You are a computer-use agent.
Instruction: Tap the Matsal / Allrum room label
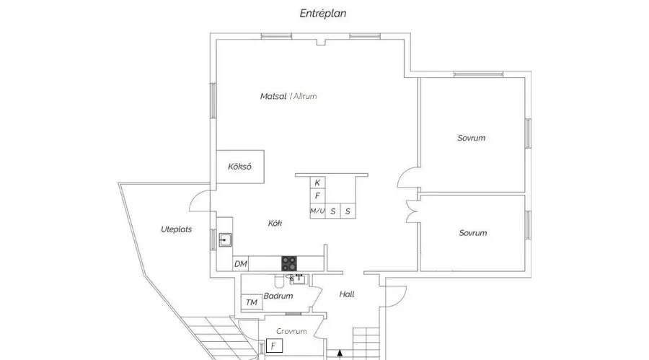tap(288, 96)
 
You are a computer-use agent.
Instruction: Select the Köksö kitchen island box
tap(240, 167)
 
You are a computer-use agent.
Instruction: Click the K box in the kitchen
tap(317, 183)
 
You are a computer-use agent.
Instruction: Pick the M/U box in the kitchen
tap(317, 211)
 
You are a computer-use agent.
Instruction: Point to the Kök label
tap(275, 224)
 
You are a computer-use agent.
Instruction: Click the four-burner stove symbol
tap(289, 263)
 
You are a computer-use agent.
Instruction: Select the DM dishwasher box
tap(241, 264)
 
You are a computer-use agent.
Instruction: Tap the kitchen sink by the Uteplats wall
tap(225, 240)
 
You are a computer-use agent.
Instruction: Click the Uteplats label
tap(176, 229)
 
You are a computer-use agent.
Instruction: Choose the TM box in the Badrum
tap(252, 302)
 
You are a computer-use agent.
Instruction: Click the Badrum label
tap(278, 296)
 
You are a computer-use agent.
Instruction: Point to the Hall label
tap(347, 294)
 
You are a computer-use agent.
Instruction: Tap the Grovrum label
tap(291, 331)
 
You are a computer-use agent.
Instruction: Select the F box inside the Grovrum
tap(273, 346)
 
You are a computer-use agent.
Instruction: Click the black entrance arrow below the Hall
tap(340, 354)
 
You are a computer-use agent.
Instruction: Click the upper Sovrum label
tap(472, 138)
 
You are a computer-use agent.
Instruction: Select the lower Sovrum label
tap(472, 233)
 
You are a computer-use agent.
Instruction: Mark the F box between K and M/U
tap(317, 196)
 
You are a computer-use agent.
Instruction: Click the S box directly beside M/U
tap(333, 211)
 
